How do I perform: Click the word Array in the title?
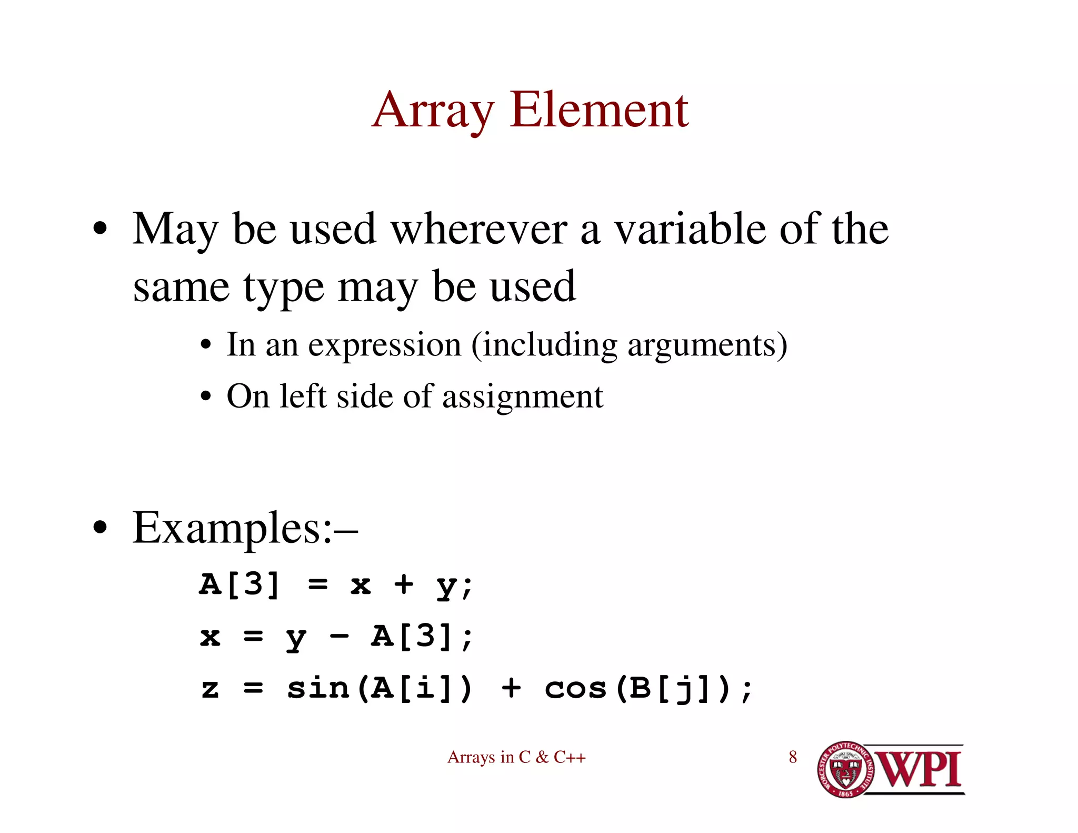coord(433,111)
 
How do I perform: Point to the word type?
coord(283,289)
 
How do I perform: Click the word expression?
coord(384,345)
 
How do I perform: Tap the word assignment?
coord(522,396)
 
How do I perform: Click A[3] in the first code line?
coord(239,584)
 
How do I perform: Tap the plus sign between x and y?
coord(404,584)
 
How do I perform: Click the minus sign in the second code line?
coord(339,637)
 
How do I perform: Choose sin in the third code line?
coord(318,688)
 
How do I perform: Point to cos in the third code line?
coord(576,688)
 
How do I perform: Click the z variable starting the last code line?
coord(210,688)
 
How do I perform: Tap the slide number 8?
coord(793,757)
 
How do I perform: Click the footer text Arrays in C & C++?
coord(516,757)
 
